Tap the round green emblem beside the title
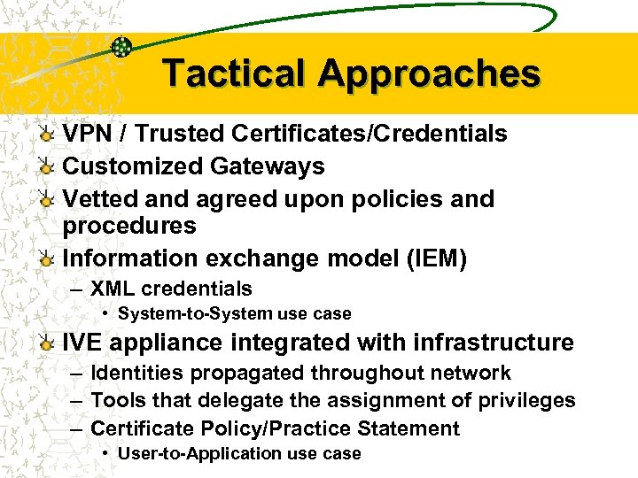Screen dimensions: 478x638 pyautogui.click(x=123, y=48)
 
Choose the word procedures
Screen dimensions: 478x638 pyautogui.click(x=129, y=226)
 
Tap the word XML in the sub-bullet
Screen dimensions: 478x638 pyautogui.click(x=113, y=289)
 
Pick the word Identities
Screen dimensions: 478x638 pyautogui.click(x=135, y=374)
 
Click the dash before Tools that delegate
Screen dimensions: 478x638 pyautogui.click(x=77, y=401)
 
